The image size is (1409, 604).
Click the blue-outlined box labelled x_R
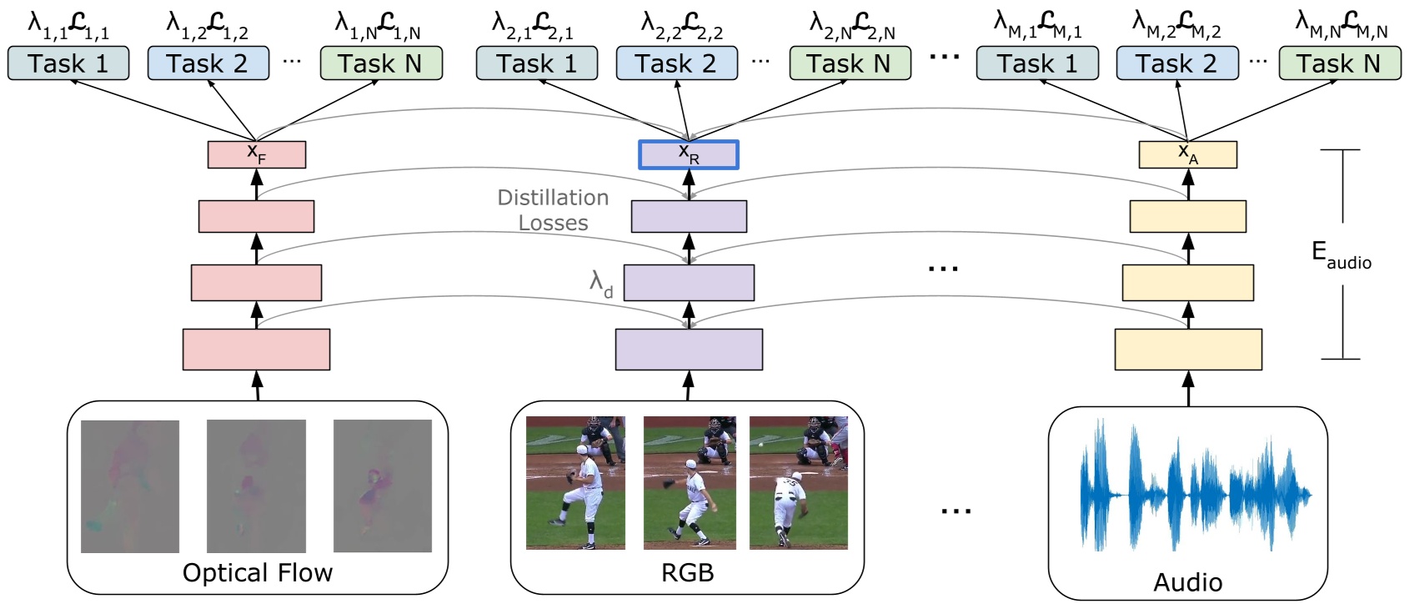[689, 155]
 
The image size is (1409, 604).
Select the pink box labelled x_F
[257, 155]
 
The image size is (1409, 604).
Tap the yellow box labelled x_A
[1187, 155]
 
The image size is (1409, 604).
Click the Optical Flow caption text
[258, 573]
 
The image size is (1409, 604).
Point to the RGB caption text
[687, 573]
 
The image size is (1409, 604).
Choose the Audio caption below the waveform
[1187, 582]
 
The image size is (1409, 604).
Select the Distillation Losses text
[553, 210]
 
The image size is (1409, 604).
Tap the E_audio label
[1341, 254]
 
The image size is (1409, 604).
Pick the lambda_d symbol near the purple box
[601, 284]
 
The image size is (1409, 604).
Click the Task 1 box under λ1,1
[68, 63]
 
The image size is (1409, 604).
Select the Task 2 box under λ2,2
[676, 63]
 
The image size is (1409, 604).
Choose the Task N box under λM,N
[1339, 63]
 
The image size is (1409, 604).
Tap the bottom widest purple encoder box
[689, 350]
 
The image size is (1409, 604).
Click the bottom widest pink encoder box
[256, 350]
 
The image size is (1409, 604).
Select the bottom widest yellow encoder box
[1188, 350]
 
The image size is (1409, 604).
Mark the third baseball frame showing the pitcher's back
[798, 483]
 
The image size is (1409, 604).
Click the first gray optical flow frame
[130, 486]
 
